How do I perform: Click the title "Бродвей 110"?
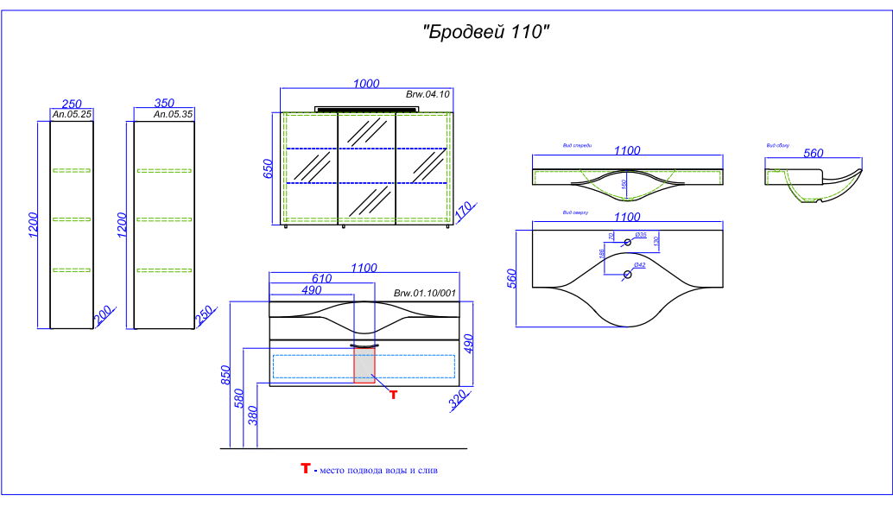[486, 32]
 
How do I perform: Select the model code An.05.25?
[73, 114]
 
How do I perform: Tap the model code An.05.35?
[173, 114]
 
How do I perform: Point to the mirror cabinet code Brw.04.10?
[427, 94]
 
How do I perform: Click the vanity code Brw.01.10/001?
[424, 294]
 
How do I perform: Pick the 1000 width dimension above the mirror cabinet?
[367, 83]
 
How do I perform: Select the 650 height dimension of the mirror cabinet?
[269, 168]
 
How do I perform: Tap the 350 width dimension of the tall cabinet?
[164, 103]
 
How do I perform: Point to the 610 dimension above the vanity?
[321, 278]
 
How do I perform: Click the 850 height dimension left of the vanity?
[227, 374]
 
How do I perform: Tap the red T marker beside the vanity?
[393, 395]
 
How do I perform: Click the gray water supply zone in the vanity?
[364, 366]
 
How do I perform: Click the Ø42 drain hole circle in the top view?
[628, 276]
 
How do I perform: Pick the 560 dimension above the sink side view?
[813, 153]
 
